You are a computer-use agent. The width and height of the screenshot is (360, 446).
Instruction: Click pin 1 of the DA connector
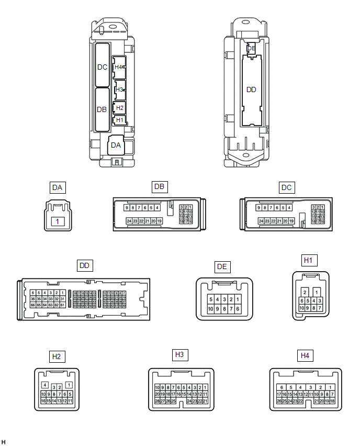(x=58, y=221)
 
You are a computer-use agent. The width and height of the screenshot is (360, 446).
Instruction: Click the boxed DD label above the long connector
(x=84, y=266)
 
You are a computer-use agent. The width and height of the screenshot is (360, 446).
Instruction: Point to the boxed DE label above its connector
(x=222, y=267)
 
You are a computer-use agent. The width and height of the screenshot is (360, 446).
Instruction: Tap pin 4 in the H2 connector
(x=45, y=385)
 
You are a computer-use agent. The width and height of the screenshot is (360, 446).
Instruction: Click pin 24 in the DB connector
(x=129, y=221)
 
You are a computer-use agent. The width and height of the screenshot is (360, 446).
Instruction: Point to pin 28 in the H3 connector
(x=157, y=400)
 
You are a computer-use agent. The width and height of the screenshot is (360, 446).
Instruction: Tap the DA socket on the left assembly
(x=116, y=145)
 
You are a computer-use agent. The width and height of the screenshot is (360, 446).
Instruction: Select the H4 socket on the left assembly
(x=119, y=67)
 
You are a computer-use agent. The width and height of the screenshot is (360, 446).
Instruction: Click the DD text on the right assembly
(x=251, y=90)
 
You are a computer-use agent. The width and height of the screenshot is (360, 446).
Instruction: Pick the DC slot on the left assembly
(x=103, y=66)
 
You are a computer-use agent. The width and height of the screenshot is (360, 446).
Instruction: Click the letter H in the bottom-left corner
(x=4, y=442)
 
